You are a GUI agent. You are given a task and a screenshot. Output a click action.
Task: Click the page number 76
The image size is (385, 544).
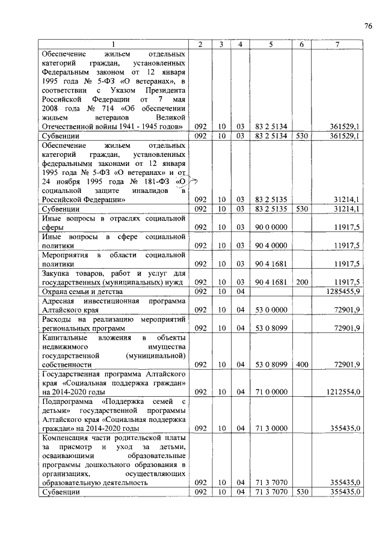[x=368, y=25]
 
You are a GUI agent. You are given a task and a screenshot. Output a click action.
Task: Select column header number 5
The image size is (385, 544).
[x=271, y=44]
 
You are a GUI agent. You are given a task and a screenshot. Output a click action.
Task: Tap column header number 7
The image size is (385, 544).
[x=337, y=44]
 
